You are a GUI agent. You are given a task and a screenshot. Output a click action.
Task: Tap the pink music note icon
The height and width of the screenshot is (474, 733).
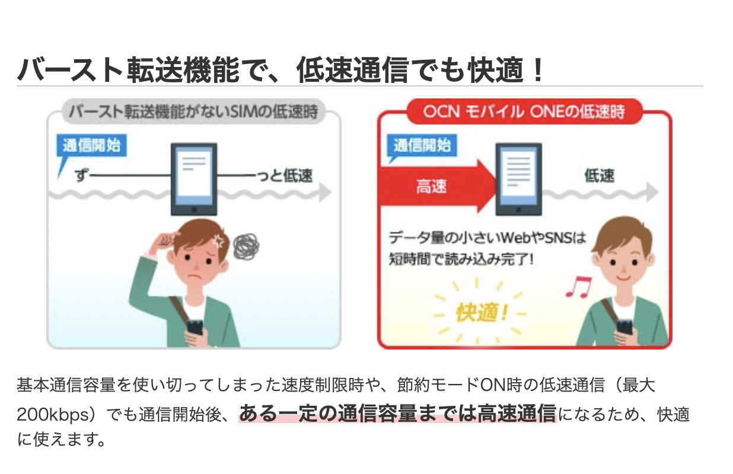tap(579, 287)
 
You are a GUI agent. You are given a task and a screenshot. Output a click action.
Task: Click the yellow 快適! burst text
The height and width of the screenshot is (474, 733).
tap(482, 313)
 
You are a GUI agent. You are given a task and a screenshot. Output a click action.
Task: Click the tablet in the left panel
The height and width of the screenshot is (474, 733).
tap(194, 179)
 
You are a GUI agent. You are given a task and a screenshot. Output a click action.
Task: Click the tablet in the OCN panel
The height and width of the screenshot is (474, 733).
tap(519, 179)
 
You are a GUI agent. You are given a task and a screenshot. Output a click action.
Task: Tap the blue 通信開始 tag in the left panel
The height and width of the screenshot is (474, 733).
tap(91, 146)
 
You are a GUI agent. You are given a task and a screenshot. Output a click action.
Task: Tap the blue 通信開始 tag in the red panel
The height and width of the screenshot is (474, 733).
tap(422, 146)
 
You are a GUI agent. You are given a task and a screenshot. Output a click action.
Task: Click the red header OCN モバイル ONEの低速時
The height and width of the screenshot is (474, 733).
tap(525, 112)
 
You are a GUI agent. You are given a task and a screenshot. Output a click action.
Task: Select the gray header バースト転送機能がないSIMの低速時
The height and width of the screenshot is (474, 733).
tap(193, 112)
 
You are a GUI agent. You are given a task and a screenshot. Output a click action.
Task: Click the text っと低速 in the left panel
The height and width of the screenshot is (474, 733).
tap(285, 176)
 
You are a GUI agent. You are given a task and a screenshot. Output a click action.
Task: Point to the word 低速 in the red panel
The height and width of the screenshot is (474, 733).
tap(600, 176)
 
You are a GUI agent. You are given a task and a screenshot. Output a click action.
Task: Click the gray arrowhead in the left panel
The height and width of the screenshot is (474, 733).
tap(325, 192)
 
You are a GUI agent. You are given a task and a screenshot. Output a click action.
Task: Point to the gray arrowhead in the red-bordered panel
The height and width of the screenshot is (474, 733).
tap(652, 192)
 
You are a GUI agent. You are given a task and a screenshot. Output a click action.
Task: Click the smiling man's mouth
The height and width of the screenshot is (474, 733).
tap(623, 278)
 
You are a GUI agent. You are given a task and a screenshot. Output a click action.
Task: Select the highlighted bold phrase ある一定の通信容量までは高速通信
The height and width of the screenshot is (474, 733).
tap(397, 414)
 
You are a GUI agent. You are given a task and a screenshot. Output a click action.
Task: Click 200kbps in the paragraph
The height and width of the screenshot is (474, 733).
tap(53, 415)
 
